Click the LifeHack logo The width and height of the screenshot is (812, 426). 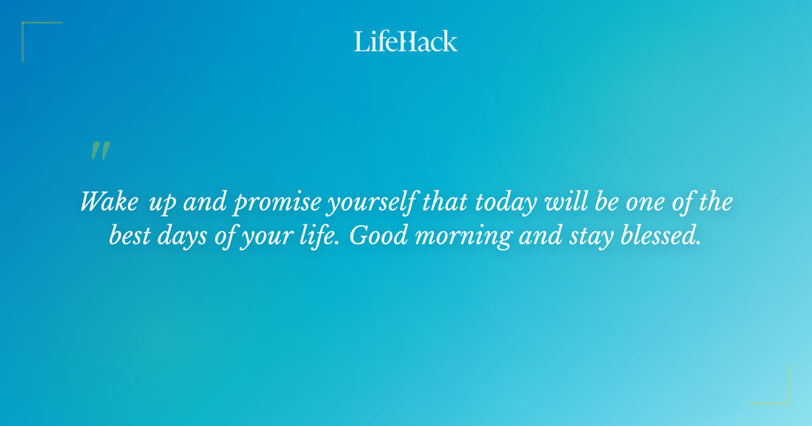(406, 41)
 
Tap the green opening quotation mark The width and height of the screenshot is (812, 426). (99, 151)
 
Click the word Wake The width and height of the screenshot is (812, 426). (107, 202)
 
